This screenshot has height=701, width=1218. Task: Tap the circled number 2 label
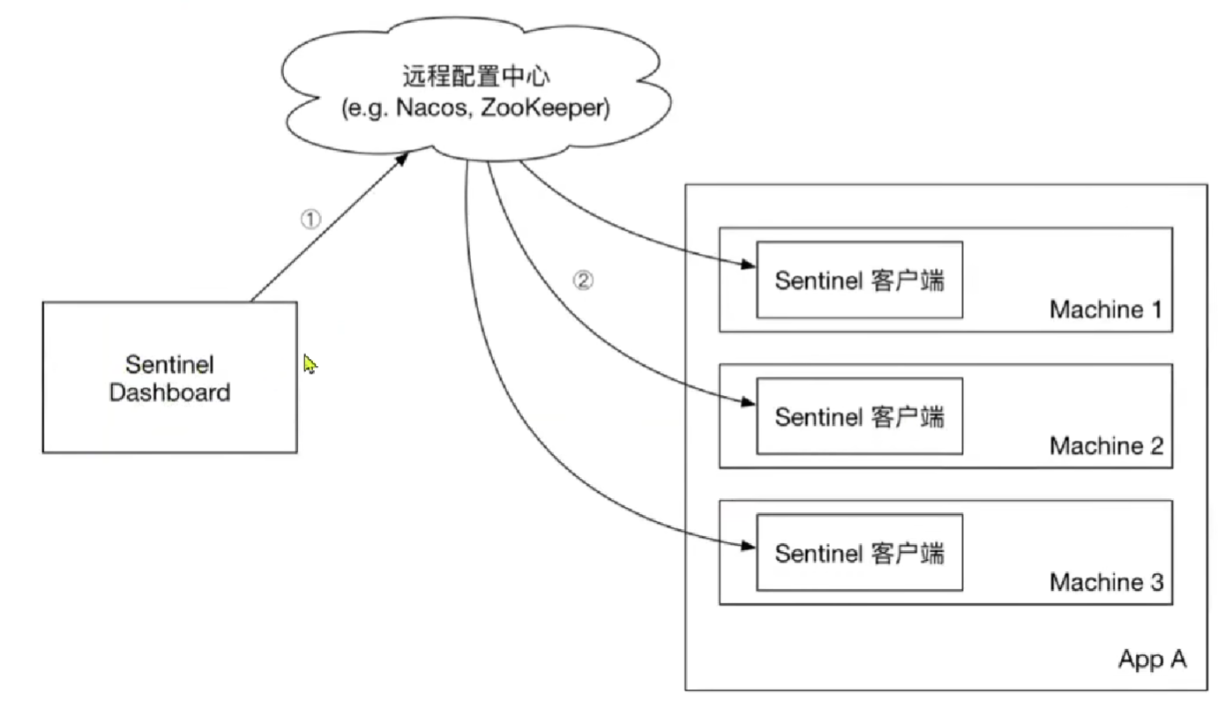pyautogui.click(x=583, y=280)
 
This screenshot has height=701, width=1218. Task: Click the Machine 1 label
pyautogui.click(x=1106, y=310)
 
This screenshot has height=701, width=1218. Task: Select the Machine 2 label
pyautogui.click(x=1106, y=446)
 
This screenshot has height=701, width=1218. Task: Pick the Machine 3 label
pyautogui.click(x=1106, y=583)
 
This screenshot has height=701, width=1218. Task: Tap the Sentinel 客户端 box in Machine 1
pyautogui.click(x=859, y=280)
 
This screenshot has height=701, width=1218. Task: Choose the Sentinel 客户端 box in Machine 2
pyautogui.click(x=859, y=416)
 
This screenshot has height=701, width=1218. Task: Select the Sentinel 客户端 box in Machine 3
pyautogui.click(x=859, y=553)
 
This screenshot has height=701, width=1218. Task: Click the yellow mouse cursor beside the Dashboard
pyautogui.click(x=309, y=364)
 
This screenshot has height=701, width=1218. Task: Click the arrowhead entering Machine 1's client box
pyautogui.click(x=749, y=265)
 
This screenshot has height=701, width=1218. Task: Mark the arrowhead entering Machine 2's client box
pyautogui.click(x=749, y=401)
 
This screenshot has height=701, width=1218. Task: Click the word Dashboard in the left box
pyautogui.click(x=169, y=392)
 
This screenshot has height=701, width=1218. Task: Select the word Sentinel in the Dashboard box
pyautogui.click(x=170, y=364)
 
